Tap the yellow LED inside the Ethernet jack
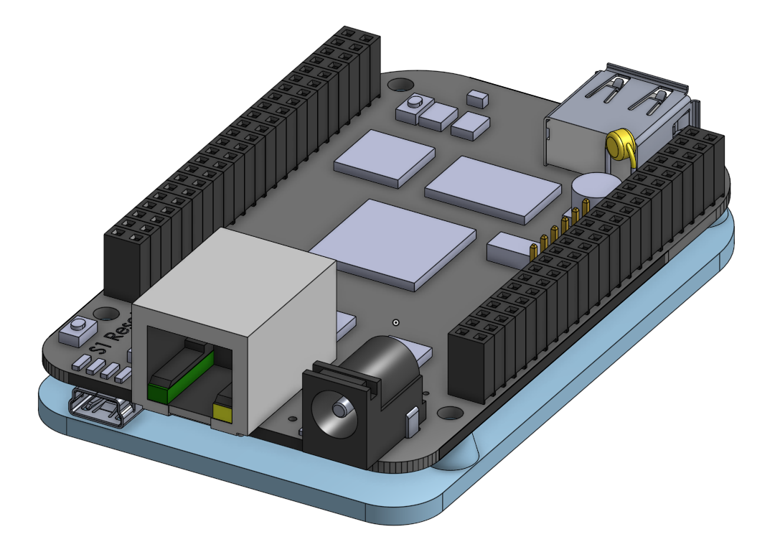tap(222, 413)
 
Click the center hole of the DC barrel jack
tap(338, 408)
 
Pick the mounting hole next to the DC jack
tap(450, 413)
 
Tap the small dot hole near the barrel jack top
tap(395, 323)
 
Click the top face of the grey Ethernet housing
tap(237, 269)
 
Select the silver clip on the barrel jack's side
tap(412, 422)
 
